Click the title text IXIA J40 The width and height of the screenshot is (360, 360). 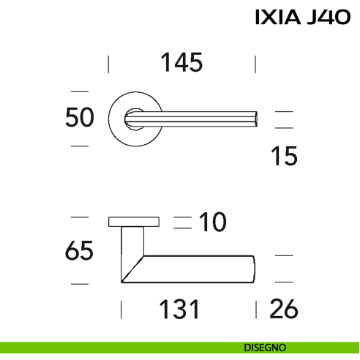pos(302,17)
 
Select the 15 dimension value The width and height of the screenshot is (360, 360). pos(283,156)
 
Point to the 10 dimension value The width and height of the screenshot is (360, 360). pos(213,222)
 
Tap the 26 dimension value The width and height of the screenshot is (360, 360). pos(283,310)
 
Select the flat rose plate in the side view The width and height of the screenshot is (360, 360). pos(134,221)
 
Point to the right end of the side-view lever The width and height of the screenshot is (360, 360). pos(252,269)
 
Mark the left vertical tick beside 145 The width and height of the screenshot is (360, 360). pos(108,64)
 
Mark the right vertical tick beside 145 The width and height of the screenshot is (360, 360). pos(255,64)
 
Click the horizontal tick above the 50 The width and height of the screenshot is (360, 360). pos(79,91)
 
